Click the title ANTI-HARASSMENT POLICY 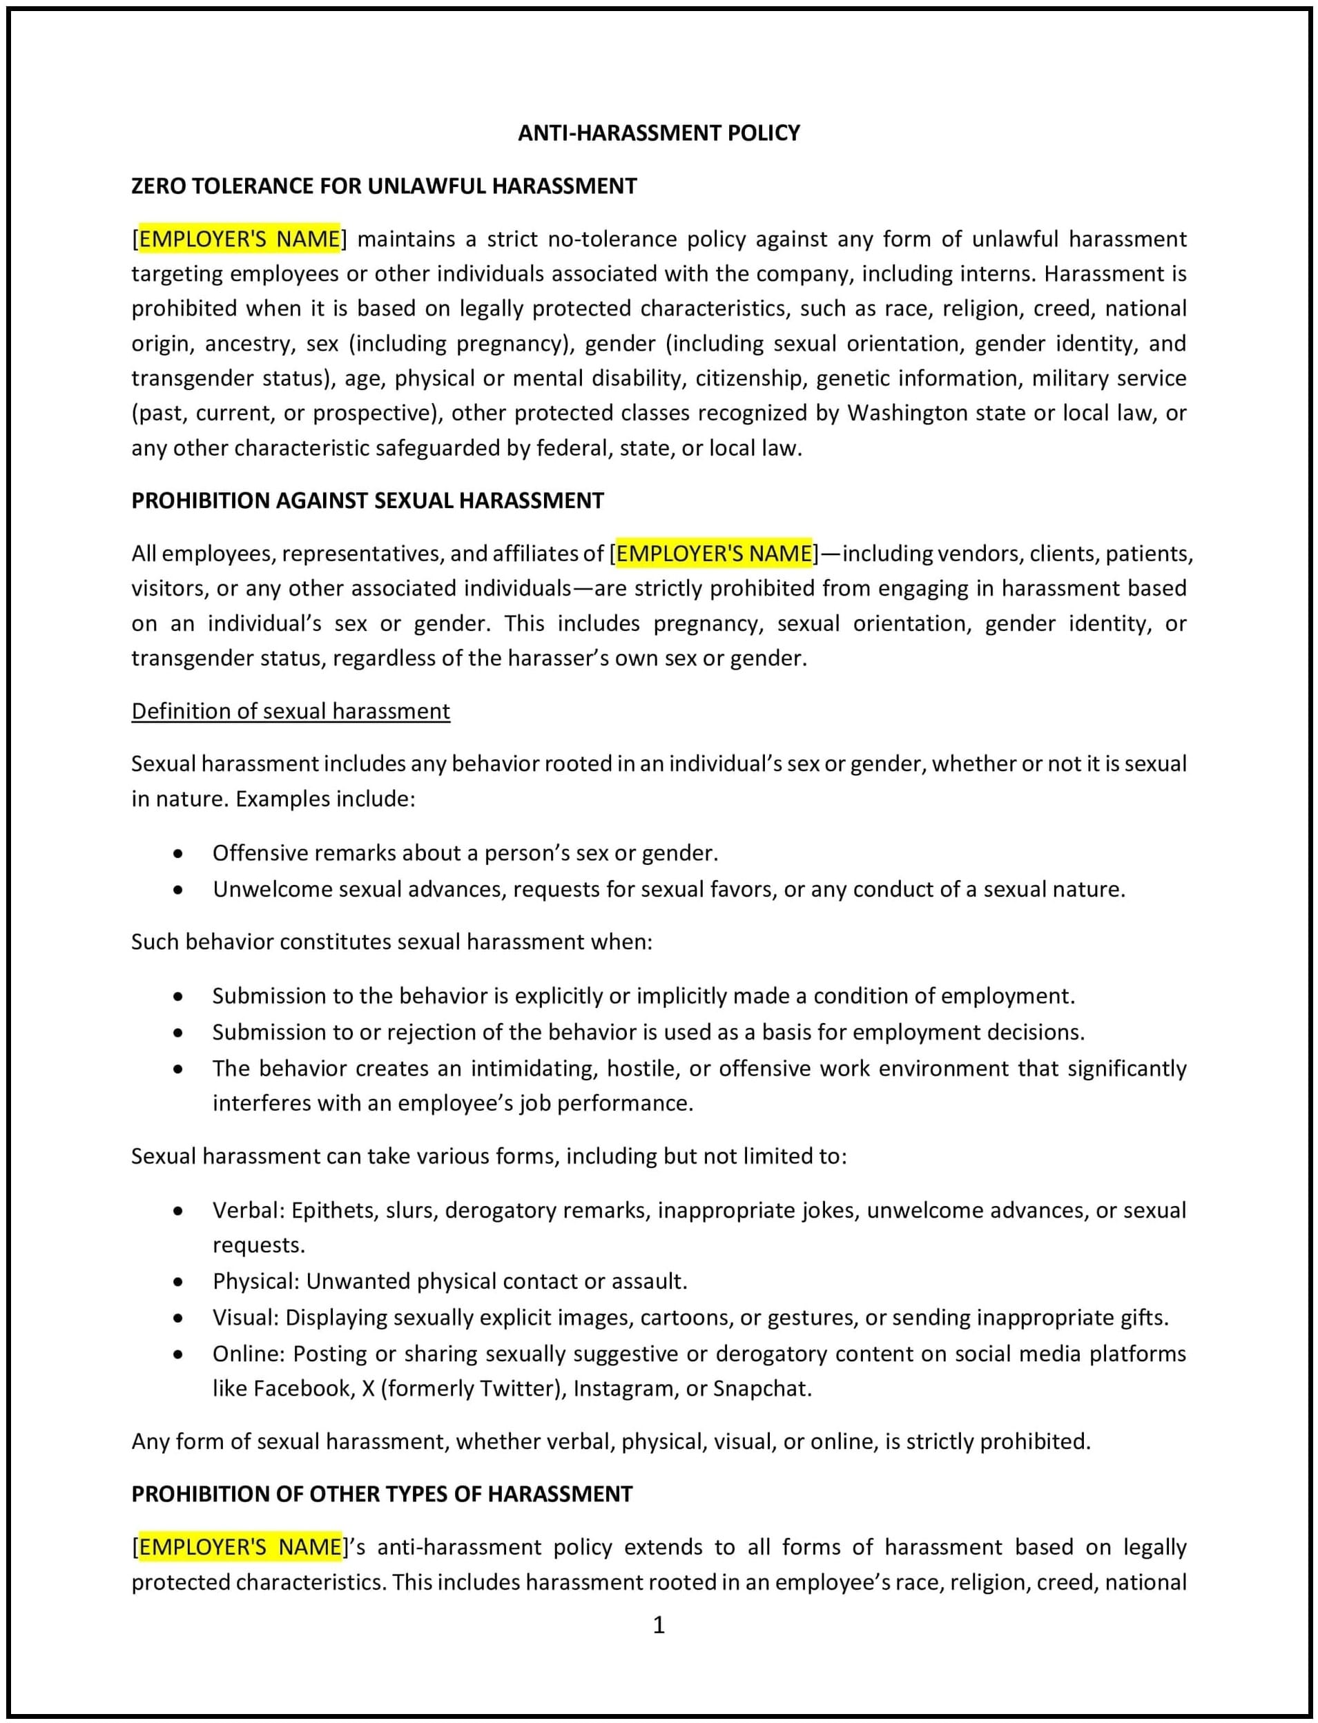658,133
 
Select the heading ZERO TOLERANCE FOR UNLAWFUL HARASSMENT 384,186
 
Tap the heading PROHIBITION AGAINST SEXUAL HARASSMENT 367,500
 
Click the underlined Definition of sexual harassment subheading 290,710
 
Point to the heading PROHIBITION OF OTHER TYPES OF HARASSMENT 381,1494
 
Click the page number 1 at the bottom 658,1625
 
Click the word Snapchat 760,1388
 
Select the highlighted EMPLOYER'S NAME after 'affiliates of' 714,554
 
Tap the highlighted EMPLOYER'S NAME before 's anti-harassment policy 240,1548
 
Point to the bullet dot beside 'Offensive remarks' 178,854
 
